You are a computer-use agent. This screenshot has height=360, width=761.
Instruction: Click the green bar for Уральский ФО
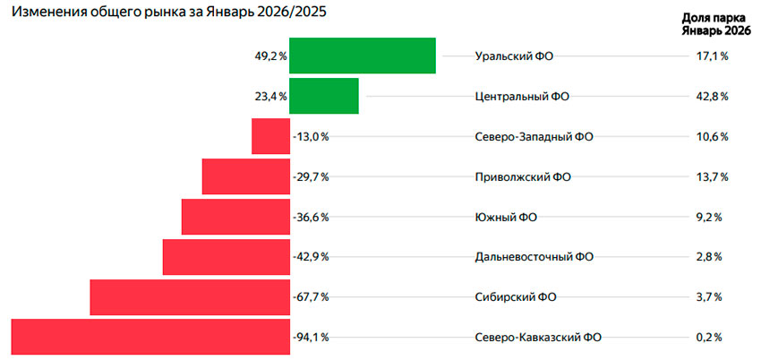362,56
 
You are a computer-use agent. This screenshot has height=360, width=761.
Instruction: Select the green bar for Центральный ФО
323,96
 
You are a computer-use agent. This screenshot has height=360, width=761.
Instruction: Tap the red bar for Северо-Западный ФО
270,136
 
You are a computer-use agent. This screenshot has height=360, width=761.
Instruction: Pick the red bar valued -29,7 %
245,176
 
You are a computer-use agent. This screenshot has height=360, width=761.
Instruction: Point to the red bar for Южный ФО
235,217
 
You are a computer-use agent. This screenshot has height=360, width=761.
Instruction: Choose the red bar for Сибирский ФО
190,297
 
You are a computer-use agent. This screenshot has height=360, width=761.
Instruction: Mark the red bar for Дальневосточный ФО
226,257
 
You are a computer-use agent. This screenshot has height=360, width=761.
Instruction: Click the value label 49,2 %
270,56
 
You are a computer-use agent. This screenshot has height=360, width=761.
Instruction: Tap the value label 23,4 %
270,96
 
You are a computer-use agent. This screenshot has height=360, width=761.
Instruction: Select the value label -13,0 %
311,136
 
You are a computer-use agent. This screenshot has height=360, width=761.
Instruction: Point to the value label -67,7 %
311,297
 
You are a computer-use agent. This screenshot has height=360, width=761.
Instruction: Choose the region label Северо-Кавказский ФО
537,338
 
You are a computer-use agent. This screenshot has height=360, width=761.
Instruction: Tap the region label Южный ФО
506,217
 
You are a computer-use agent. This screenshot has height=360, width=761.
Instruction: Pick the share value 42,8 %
712,96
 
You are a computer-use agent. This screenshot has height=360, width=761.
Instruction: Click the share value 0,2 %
708,338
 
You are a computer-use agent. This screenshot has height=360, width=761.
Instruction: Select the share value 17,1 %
712,56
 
